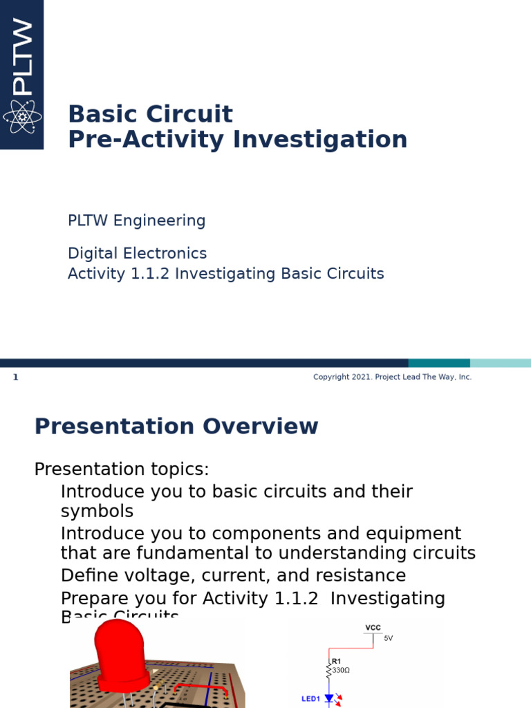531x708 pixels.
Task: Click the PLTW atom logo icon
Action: coord(21,117)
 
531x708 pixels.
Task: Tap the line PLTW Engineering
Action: coord(136,221)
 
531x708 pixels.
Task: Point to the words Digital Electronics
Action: coord(137,254)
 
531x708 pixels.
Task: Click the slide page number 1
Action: coord(15,378)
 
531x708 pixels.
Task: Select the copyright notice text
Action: coord(392,377)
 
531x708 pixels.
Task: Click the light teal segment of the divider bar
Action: coord(500,363)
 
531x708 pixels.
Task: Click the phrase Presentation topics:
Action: coord(122,469)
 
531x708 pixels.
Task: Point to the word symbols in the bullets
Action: coord(97,512)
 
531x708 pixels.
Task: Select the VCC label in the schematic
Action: coord(373,628)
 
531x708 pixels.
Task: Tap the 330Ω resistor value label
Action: coord(341,670)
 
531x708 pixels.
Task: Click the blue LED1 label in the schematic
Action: coord(310,699)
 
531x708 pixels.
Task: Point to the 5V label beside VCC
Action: coord(388,638)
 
